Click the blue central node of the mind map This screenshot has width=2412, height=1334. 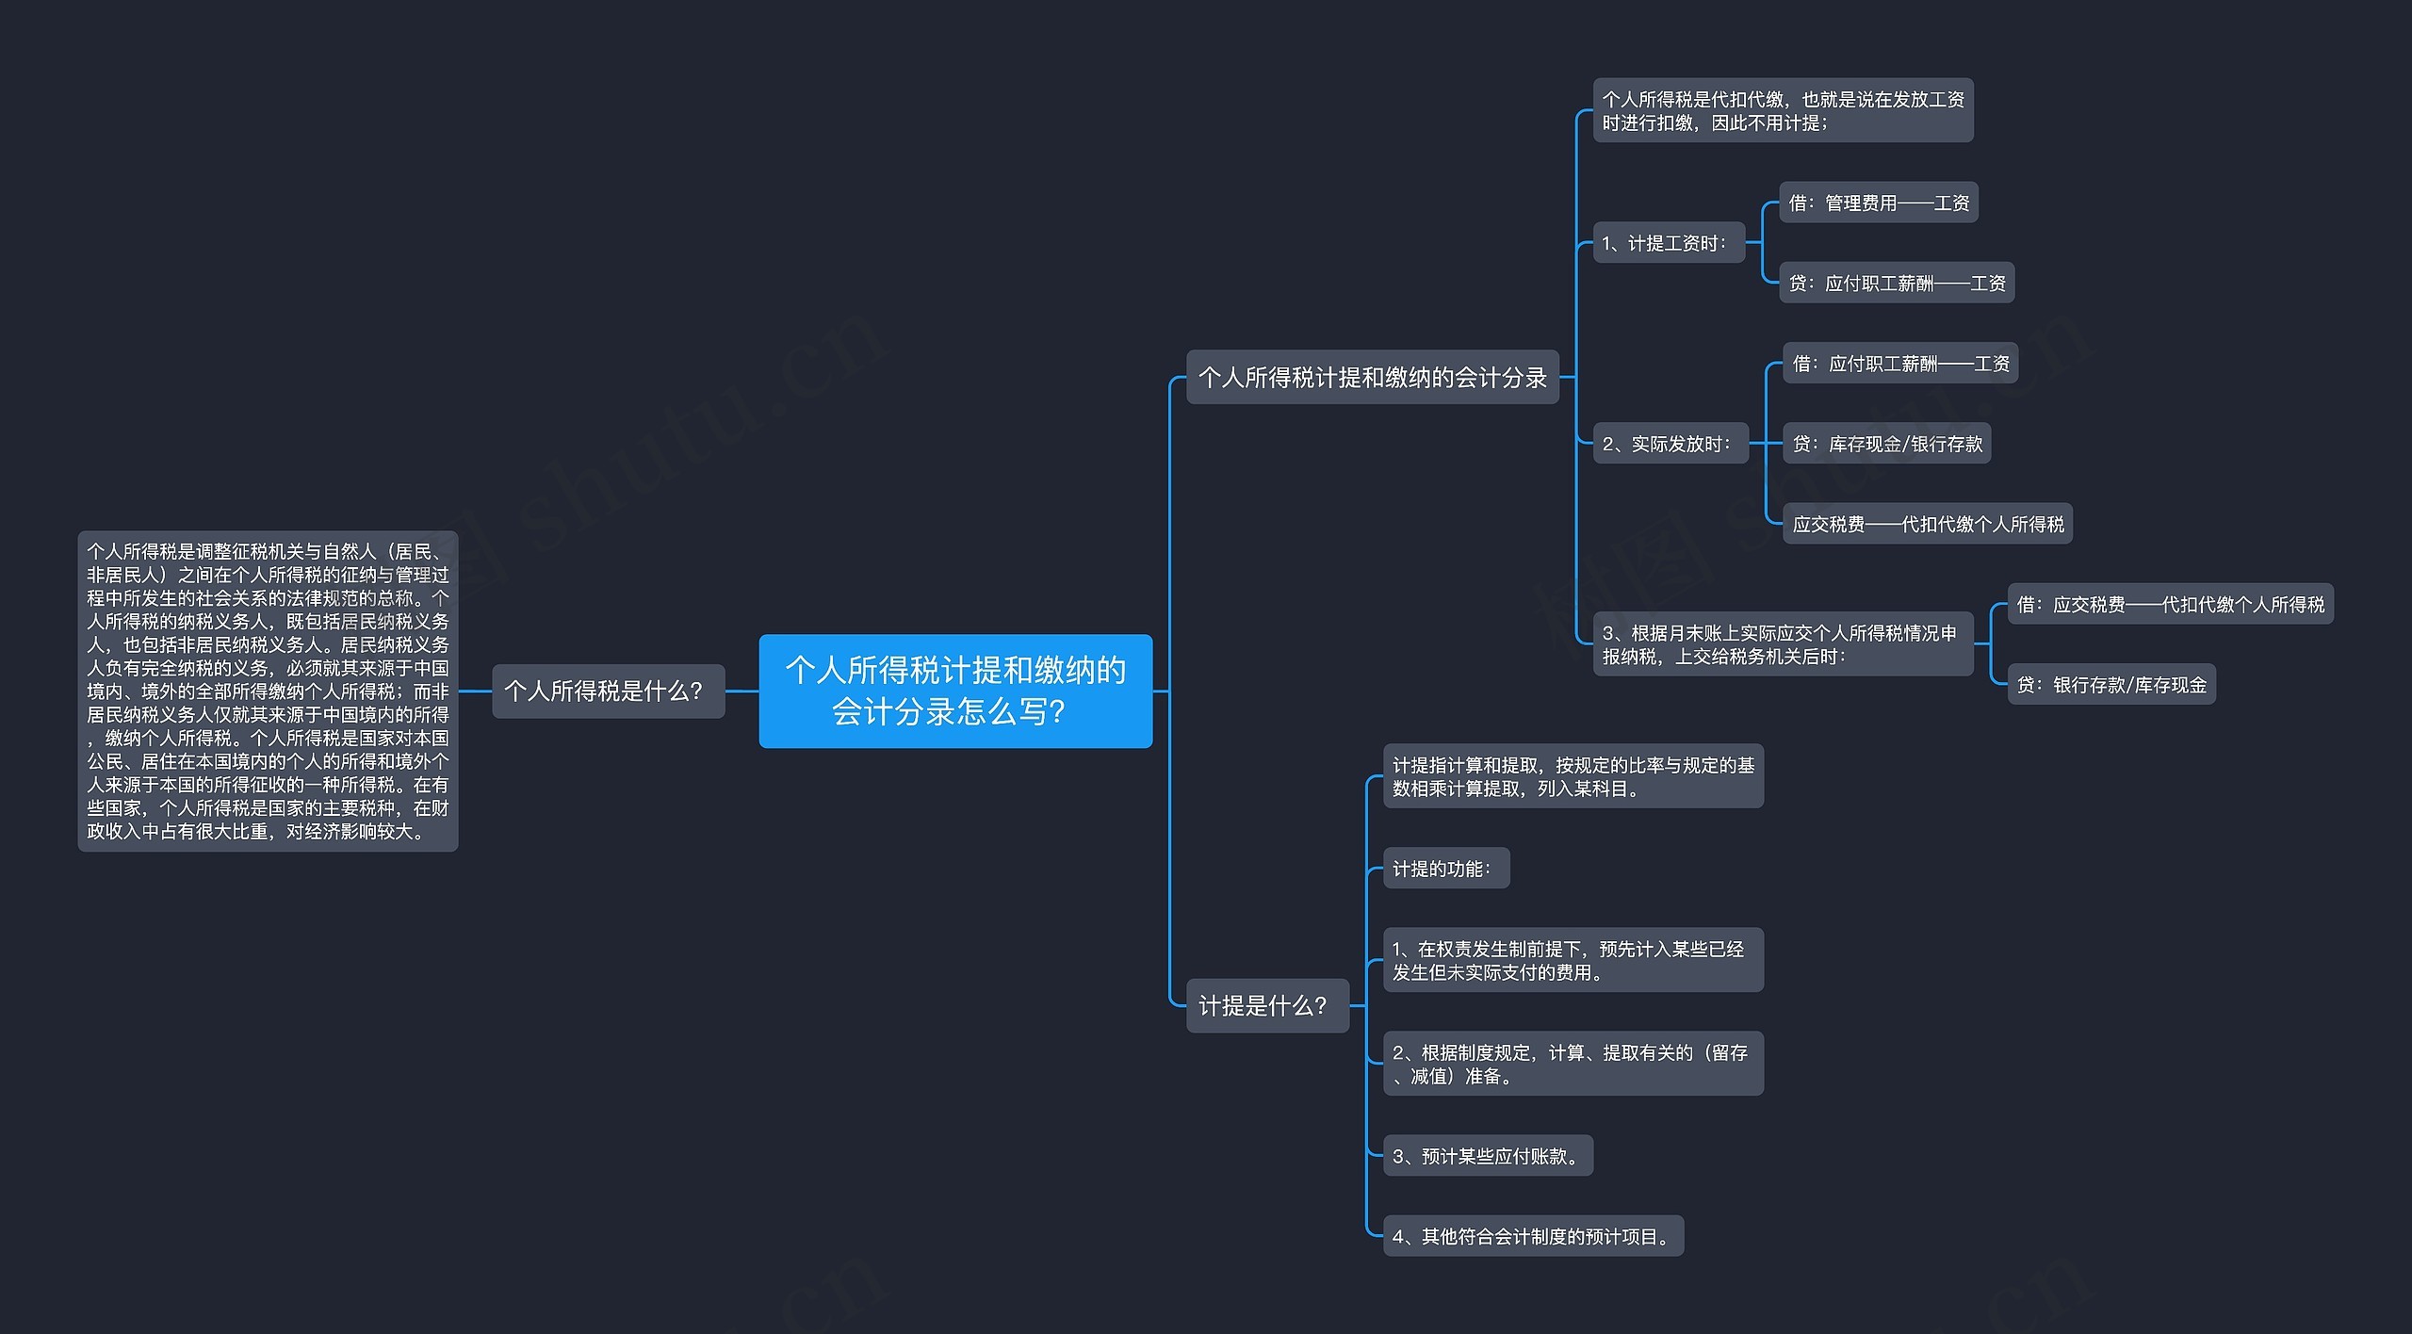[955, 691]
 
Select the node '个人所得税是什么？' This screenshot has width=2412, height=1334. [608, 691]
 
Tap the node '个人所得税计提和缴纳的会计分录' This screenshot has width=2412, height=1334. [1372, 377]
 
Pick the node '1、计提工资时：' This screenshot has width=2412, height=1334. [1668, 243]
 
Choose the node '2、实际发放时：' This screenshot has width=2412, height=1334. [1670, 444]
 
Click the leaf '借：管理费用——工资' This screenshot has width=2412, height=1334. [1878, 203]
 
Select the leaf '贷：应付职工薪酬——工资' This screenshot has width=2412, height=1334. [1896, 283]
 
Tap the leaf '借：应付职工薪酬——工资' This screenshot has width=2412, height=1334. [1899, 363]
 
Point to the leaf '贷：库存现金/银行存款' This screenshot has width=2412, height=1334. [1886, 444]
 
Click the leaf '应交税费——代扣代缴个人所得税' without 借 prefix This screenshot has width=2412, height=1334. [1927, 524]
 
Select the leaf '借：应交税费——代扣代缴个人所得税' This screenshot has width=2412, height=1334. [2170, 604]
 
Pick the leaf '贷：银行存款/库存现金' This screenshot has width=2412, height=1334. [2110, 685]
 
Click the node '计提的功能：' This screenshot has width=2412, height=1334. [1445, 869]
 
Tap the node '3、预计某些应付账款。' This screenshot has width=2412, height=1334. [1487, 1156]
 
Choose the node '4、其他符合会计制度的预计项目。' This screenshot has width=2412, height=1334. [1532, 1236]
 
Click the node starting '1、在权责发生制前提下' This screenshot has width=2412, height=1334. [1573, 960]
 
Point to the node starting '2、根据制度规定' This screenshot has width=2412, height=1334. [1573, 1064]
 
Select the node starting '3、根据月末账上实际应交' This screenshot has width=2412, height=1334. [1782, 644]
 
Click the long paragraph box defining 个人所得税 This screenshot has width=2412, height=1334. [268, 691]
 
